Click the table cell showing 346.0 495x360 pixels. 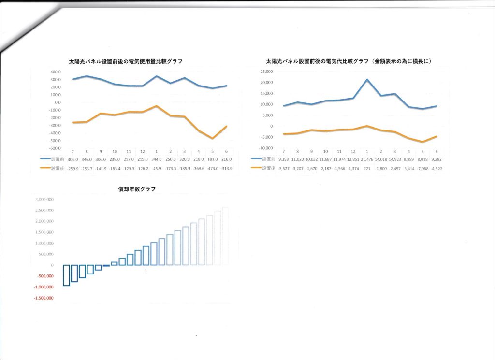[87, 158]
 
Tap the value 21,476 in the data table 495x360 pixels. [367, 158]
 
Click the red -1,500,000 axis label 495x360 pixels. [44, 298]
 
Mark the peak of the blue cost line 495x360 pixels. [367, 80]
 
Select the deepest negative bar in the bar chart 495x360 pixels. [66, 275]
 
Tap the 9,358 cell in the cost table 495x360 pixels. [283, 158]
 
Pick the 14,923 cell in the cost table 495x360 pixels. [395, 158]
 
